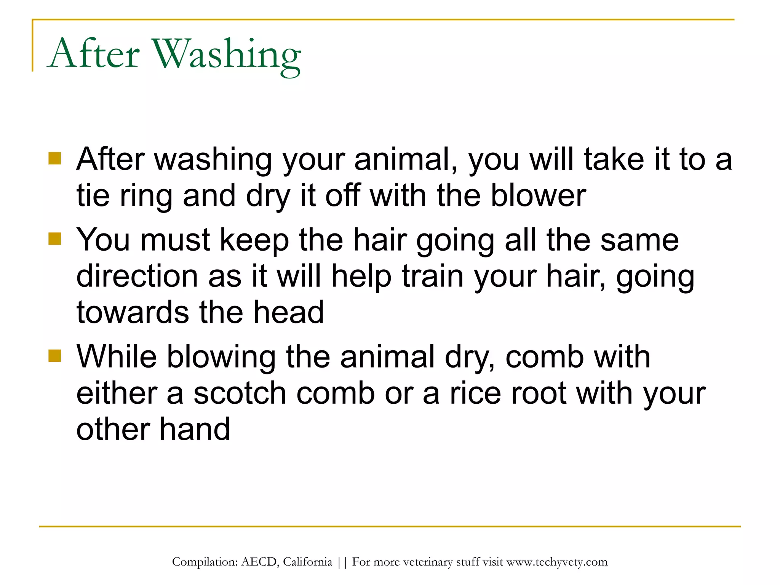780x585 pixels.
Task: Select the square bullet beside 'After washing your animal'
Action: click(55, 158)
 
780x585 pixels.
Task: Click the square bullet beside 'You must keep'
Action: click(55, 239)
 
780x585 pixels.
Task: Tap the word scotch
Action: click(240, 393)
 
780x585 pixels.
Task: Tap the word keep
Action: click(254, 240)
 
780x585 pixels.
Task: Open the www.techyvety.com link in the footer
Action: click(557, 562)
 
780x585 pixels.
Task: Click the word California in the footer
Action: click(307, 562)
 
